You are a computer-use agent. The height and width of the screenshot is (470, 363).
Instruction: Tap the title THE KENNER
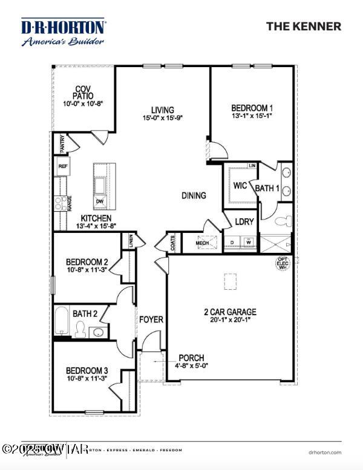304,27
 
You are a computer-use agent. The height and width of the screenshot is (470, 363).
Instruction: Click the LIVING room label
163,110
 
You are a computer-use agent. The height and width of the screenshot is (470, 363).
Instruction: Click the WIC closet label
240,185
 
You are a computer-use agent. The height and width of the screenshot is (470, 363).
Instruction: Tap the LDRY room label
244,221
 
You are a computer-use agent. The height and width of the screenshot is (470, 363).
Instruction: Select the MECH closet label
202,244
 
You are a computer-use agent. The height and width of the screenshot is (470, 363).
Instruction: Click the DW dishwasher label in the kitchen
100,201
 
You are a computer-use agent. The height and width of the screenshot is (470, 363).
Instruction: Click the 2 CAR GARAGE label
230,312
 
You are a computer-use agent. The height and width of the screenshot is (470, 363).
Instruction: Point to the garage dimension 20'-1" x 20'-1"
230,321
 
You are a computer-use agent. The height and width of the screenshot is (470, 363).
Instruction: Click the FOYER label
151,319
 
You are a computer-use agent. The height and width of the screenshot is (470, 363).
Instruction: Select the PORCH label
191,357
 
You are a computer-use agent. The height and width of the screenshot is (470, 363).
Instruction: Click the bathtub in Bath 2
62,321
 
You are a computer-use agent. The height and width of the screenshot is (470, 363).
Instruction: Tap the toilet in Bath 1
280,222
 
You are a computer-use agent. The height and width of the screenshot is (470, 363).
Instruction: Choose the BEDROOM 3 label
87,370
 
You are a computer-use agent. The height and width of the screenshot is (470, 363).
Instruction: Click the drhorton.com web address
324,452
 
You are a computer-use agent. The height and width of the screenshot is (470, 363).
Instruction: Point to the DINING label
194,195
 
